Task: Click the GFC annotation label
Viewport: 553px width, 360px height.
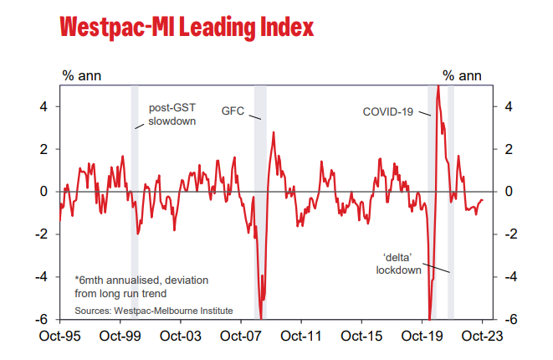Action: click(x=232, y=111)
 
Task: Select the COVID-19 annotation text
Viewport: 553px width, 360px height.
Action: click(x=387, y=111)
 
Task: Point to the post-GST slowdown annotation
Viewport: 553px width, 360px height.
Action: click(x=172, y=115)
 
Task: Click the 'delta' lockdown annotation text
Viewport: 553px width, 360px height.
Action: click(x=397, y=264)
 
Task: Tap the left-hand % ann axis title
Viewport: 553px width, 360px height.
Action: click(x=81, y=75)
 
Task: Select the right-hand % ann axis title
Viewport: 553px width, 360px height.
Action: click(x=462, y=75)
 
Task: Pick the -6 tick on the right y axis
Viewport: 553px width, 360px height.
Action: click(x=506, y=319)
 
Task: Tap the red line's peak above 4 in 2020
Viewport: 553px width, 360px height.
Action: click(x=438, y=87)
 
